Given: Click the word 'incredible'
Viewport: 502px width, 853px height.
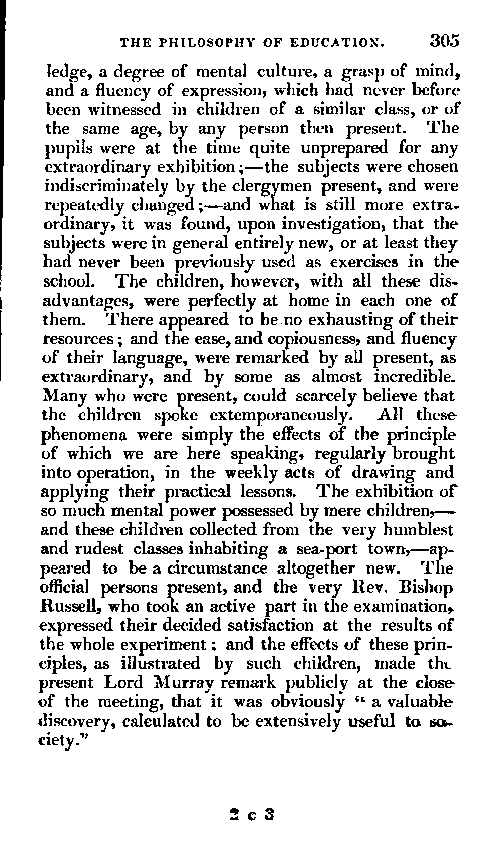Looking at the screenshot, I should (415, 377).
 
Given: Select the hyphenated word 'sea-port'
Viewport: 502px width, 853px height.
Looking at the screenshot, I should (317, 549).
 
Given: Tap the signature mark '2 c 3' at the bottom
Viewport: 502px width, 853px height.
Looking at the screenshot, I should (249, 813).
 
